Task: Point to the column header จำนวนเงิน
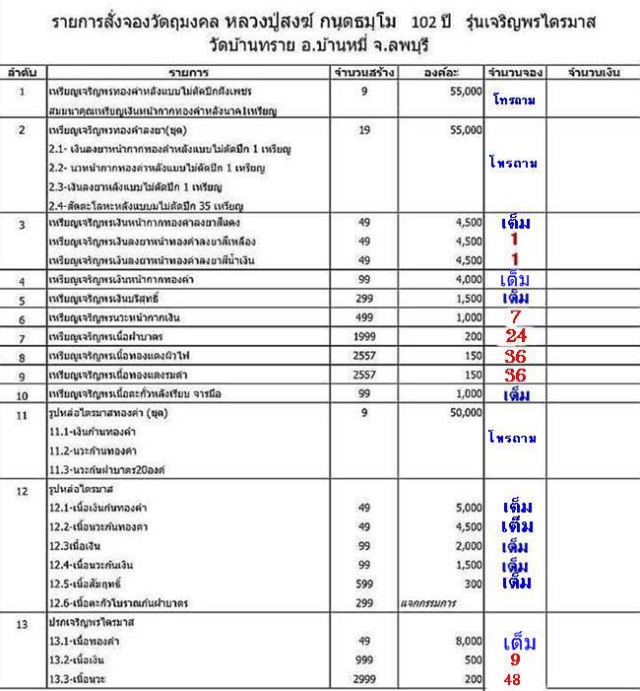(589, 74)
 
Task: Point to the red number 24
(516, 336)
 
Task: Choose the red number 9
(514, 659)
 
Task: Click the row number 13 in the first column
(21, 623)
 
